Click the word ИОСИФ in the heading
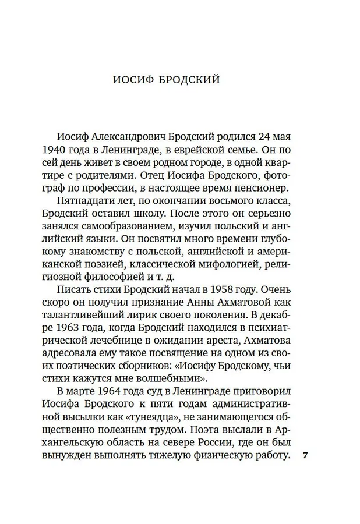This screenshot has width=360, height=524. tap(132, 80)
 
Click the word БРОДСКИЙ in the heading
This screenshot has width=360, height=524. tap(189, 80)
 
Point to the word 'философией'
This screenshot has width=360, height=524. tap(124, 280)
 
